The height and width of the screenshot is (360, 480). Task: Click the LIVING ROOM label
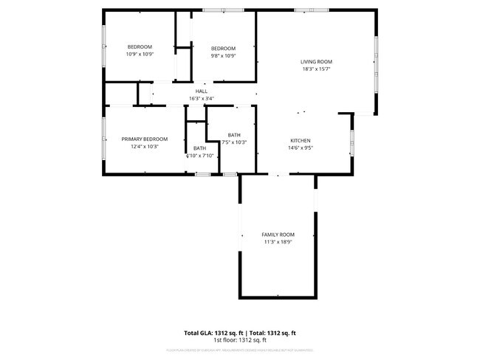click(x=316, y=61)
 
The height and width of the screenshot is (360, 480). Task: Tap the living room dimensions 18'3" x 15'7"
click(x=316, y=69)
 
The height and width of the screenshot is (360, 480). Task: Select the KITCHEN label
click(x=300, y=140)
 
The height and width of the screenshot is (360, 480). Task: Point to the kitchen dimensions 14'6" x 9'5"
click(x=300, y=148)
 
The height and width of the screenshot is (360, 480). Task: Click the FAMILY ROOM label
click(x=278, y=235)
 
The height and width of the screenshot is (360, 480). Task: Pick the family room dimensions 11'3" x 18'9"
click(x=278, y=242)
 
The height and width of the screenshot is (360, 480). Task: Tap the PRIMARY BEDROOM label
click(x=145, y=139)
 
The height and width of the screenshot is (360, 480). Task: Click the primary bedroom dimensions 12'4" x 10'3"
click(x=145, y=146)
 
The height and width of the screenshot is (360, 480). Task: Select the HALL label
click(x=202, y=91)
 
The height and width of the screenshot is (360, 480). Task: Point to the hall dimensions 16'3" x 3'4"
click(x=202, y=98)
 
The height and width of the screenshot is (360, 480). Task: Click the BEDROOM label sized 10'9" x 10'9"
click(x=139, y=46)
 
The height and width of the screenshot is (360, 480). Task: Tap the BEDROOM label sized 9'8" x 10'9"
click(x=223, y=48)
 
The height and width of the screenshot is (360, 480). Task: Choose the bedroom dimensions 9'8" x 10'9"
click(x=223, y=55)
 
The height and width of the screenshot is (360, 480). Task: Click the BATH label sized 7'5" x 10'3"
click(x=234, y=135)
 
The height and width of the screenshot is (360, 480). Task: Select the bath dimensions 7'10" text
click(x=200, y=156)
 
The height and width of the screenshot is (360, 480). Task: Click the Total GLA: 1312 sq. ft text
click(x=213, y=333)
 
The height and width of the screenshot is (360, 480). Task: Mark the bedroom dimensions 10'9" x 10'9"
click(x=139, y=54)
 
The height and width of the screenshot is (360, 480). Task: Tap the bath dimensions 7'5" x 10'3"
click(x=234, y=142)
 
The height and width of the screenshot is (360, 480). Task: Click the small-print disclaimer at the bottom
click(x=239, y=350)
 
